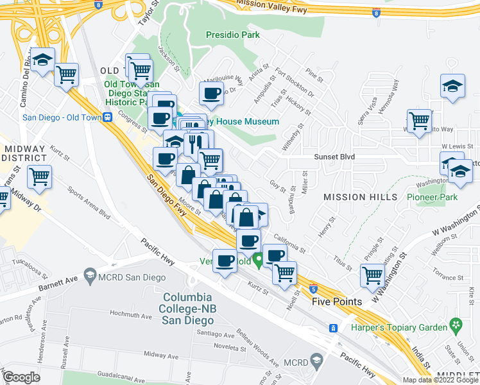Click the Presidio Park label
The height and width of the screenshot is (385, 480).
point(233,35)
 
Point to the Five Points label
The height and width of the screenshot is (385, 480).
point(337,301)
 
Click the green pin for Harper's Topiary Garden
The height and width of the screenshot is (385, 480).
point(456,324)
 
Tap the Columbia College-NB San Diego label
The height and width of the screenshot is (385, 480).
point(187,309)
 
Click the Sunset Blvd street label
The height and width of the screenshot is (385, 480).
point(334,157)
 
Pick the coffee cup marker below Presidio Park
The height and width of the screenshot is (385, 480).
point(210,94)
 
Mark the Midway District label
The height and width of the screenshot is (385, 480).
point(24,153)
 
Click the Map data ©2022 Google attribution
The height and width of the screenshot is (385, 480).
point(440,380)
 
